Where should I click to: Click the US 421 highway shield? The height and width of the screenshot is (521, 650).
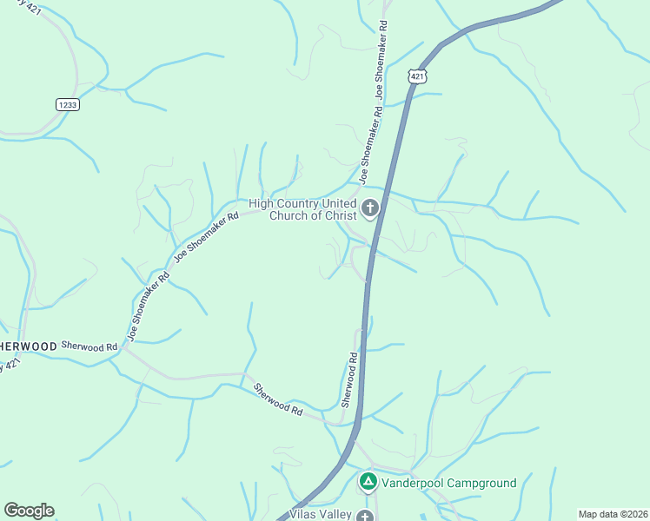(x=418, y=76)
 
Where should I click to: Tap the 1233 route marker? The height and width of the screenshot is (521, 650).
(x=67, y=104)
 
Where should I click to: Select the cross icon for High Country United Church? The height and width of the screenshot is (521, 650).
(x=371, y=208)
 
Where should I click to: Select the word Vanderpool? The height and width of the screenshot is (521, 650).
(x=413, y=483)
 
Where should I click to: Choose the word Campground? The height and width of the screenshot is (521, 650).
(x=483, y=483)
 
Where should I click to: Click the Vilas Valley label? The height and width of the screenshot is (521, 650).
(x=320, y=515)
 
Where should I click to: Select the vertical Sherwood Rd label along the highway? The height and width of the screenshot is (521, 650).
(x=349, y=379)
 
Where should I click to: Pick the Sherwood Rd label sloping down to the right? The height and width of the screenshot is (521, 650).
(x=277, y=398)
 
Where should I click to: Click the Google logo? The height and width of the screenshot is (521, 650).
(x=29, y=511)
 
